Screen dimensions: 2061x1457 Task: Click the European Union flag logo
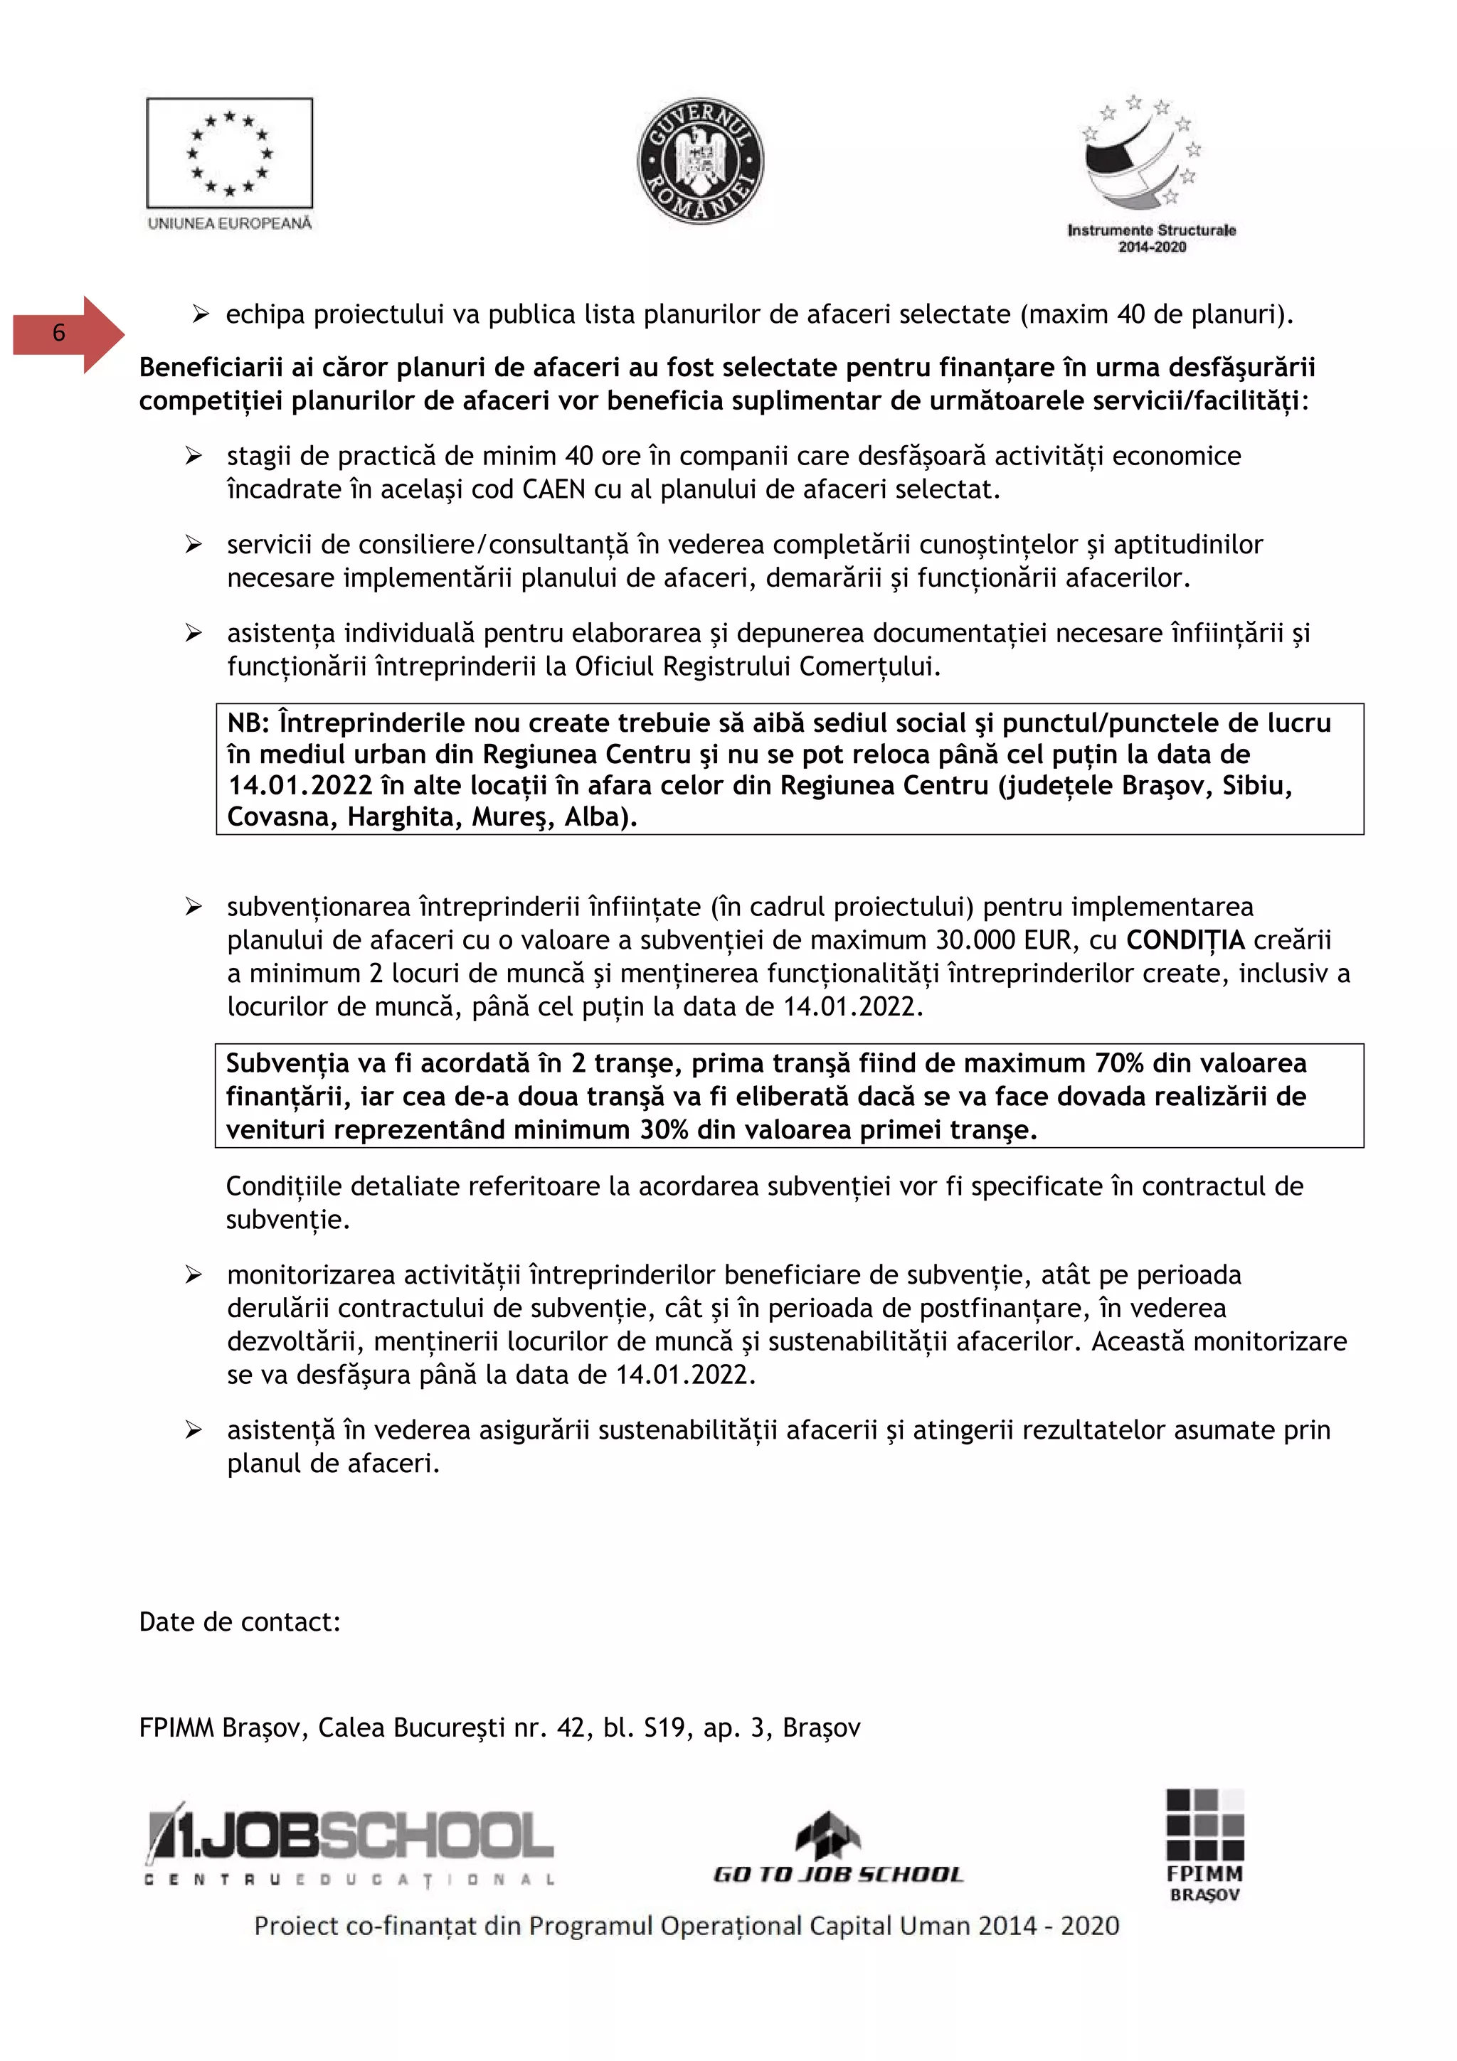230,153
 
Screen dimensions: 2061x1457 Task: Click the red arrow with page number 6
69,334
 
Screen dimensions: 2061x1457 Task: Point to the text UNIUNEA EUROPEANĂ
230,223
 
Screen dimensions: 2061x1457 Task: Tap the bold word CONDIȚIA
1185,940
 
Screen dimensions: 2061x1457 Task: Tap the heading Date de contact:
240,1622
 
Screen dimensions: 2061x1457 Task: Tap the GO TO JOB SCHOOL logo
837,1849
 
